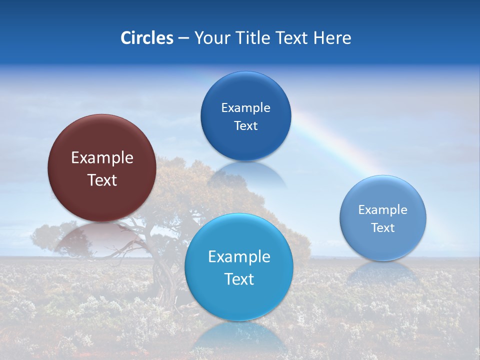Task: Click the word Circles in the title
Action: (x=147, y=38)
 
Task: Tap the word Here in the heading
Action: (x=332, y=38)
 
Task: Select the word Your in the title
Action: (x=210, y=38)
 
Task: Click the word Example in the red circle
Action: (x=102, y=158)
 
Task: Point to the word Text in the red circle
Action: (x=102, y=180)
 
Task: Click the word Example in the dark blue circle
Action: (x=245, y=108)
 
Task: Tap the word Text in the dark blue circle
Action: (x=245, y=125)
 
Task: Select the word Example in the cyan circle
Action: (x=239, y=257)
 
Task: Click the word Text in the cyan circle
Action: (x=239, y=279)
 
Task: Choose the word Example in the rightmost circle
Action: (x=383, y=210)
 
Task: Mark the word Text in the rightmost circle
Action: (x=383, y=227)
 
